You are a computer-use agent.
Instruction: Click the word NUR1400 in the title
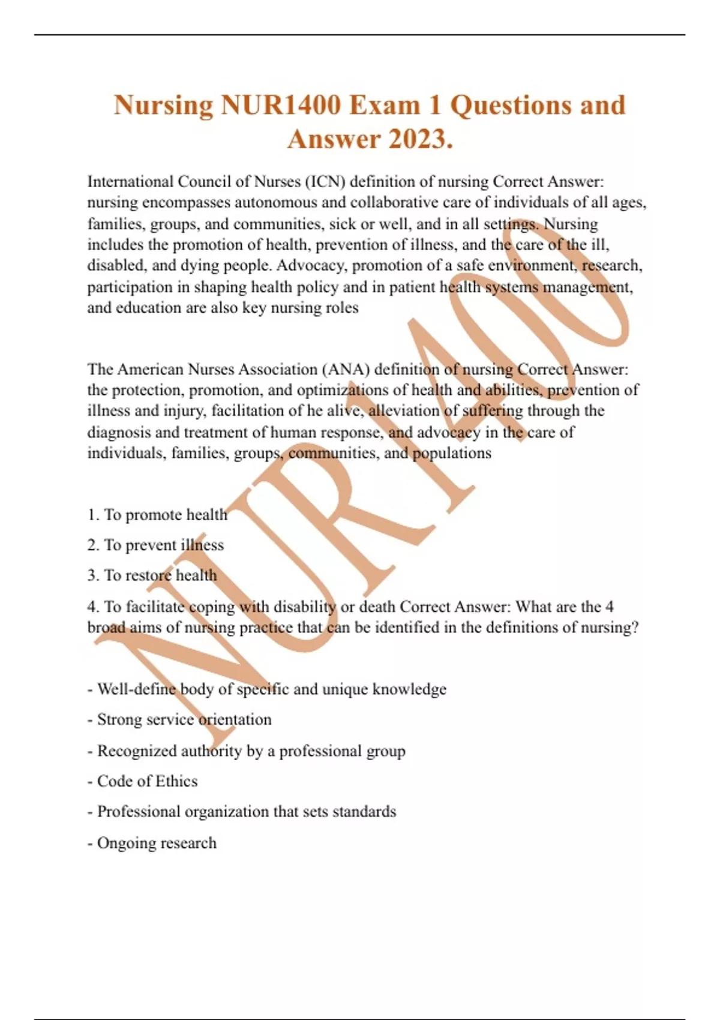281,105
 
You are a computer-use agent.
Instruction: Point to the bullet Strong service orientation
184,719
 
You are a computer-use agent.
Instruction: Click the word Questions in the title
511,105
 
